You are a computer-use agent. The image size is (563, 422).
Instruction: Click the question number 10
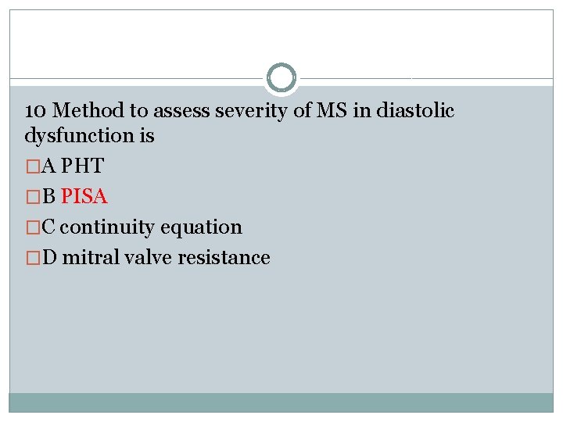coord(35,110)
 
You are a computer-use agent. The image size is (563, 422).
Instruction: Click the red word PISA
coord(84,196)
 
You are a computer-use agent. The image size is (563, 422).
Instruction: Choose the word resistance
coord(224,257)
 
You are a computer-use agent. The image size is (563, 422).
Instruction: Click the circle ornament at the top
coord(281,78)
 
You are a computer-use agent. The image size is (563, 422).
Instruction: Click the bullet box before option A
coord(30,166)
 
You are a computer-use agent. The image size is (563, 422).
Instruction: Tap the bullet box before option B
coord(30,197)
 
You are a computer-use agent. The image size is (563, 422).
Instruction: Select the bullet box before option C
coord(30,227)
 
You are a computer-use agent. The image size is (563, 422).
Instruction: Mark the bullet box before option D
coord(30,258)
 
